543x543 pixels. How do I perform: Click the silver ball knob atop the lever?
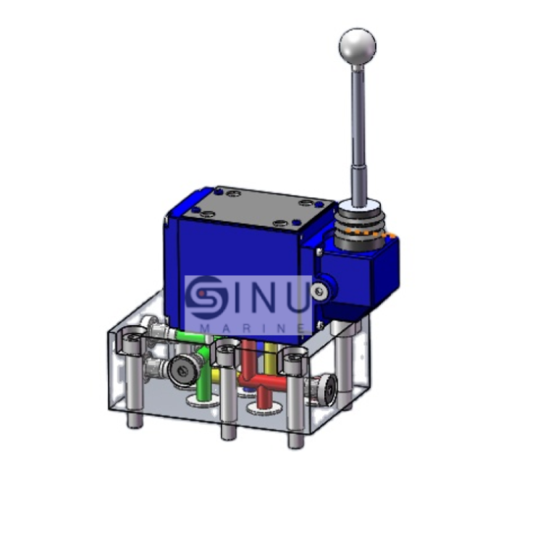[x=358, y=46]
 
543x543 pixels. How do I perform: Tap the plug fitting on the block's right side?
[x=324, y=392]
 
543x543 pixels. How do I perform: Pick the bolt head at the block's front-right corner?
[x=294, y=356]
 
